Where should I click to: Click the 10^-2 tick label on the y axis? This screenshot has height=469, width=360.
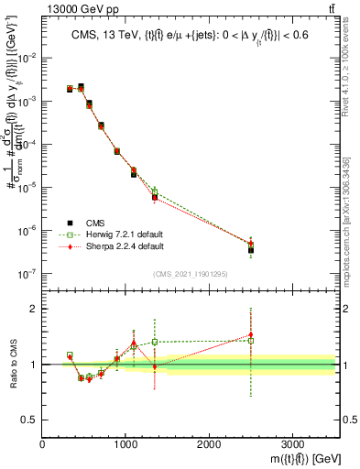pos(28,58)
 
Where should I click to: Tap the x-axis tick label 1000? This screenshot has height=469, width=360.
pos(125,442)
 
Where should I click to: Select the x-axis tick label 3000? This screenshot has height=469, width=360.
pos(292,442)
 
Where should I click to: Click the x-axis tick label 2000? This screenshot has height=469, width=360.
pos(209,442)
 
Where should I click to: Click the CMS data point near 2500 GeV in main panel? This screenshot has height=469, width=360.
pos(251,250)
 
